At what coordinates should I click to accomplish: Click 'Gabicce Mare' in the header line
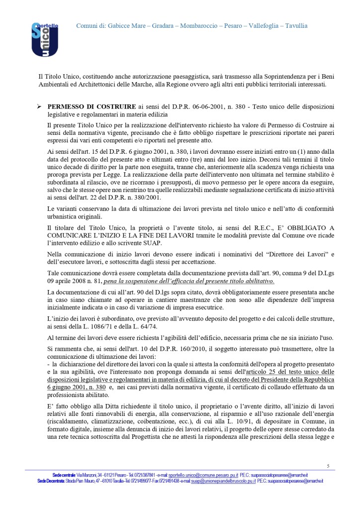click(x=126, y=25)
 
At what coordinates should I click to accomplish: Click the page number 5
click(x=328, y=466)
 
